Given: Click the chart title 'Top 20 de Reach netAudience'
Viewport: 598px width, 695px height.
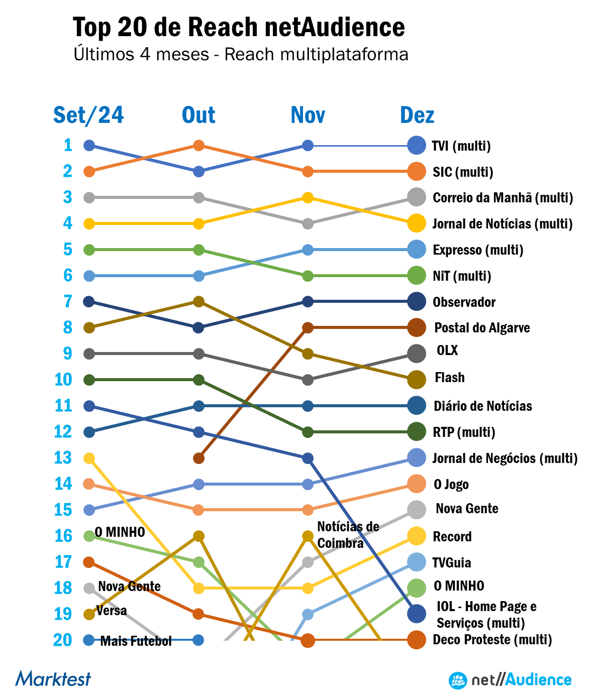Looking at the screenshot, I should pyautogui.click(x=239, y=27).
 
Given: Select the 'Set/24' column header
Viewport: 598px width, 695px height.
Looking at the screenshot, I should pyautogui.click(x=88, y=115).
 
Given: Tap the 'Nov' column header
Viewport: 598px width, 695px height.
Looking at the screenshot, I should pyautogui.click(x=308, y=115).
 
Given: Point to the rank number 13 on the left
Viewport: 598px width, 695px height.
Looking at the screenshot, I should pyautogui.click(x=63, y=457).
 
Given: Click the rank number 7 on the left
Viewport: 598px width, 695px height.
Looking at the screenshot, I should pyautogui.click(x=68, y=301).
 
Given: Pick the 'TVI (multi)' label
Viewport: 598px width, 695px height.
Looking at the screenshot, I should pyautogui.click(x=461, y=146).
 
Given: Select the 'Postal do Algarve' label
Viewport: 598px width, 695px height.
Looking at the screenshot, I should pyautogui.click(x=482, y=328).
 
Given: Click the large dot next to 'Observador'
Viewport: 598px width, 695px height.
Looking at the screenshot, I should pyautogui.click(x=417, y=302).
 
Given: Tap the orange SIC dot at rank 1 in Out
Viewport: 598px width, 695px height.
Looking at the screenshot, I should pyautogui.click(x=198, y=146).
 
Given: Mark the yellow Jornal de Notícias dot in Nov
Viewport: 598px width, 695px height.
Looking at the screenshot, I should pyautogui.click(x=308, y=198).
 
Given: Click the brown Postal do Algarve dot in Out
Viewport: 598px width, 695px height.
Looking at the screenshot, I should pyautogui.click(x=198, y=458).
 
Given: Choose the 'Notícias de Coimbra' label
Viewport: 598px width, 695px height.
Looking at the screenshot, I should pyautogui.click(x=348, y=535).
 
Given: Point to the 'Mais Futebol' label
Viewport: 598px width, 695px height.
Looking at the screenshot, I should pyautogui.click(x=136, y=641).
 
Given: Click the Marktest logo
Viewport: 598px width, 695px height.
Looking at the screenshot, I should pyautogui.click(x=53, y=679).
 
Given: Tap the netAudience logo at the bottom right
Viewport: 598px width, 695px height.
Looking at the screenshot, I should pyautogui.click(x=510, y=680).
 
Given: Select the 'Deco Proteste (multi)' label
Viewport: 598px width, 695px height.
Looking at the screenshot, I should pyautogui.click(x=492, y=640).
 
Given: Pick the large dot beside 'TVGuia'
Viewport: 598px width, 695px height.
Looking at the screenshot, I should pyautogui.click(x=417, y=562).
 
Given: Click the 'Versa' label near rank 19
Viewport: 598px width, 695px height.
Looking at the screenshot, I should pyautogui.click(x=112, y=611).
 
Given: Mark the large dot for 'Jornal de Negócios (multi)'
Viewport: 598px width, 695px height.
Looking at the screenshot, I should pyautogui.click(x=417, y=458).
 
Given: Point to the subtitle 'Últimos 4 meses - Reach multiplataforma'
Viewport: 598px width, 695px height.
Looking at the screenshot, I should pyautogui.click(x=241, y=54).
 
